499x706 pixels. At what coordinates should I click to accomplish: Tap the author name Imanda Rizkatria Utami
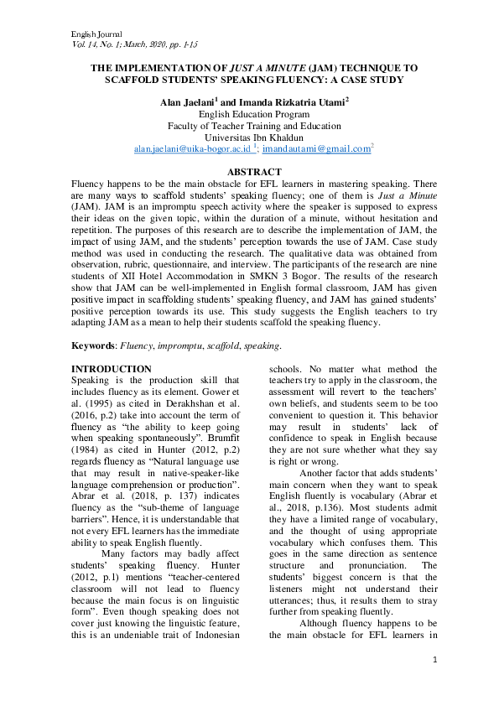pos(286,101)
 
